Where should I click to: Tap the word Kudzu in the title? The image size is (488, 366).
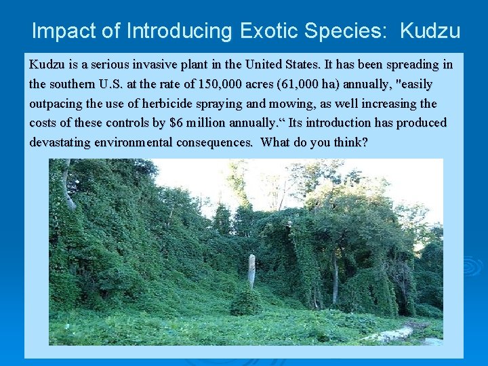(430, 31)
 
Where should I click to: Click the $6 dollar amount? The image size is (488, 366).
(177, 123)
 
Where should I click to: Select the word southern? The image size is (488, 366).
(75, 85)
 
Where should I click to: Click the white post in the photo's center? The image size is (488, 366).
(251, 271)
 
